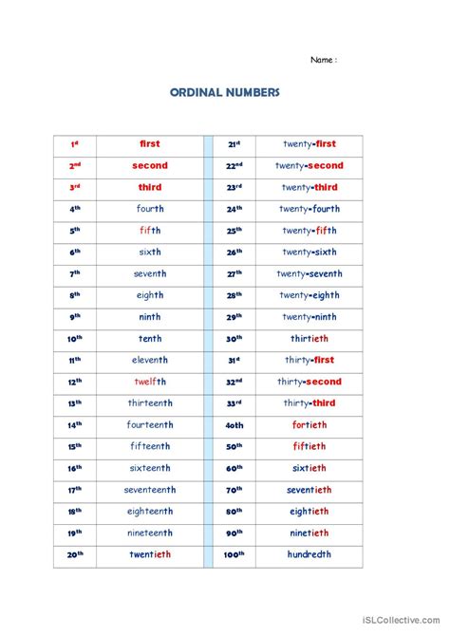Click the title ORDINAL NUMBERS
pos(224,94)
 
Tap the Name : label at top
pos(324,60)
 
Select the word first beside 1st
pos(150,144)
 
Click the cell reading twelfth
pos(150,382)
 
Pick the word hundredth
pos(309,554)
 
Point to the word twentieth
pos(150,554)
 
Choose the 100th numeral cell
pos(234,554)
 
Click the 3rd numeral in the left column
pos(75,188)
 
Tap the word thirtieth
pos(309,339)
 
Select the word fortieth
pos(309,425)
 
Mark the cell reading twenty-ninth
pos(309,317)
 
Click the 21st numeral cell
pos(234,144)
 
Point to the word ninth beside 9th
pos(150,317)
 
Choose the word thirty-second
pos(309,382)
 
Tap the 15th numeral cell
pos(75,446)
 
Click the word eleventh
pos(150,360)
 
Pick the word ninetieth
pos(309,533)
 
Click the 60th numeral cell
pos(234,468)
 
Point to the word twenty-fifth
pos(309,231)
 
